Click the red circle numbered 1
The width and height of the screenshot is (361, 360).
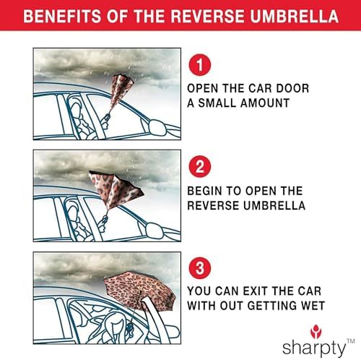tap(200, 65)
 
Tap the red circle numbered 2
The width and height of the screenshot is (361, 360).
tap(200, 166)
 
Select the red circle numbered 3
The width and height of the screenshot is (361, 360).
tap(200, 268)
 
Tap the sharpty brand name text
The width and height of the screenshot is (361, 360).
tap(314, 348)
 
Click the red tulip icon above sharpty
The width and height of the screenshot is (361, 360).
tap(316, 332)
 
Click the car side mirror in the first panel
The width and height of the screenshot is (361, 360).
tap(157, 127)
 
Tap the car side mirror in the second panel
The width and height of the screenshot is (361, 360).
tap(154, 230)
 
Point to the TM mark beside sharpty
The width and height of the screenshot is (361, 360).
tap(351, 340)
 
